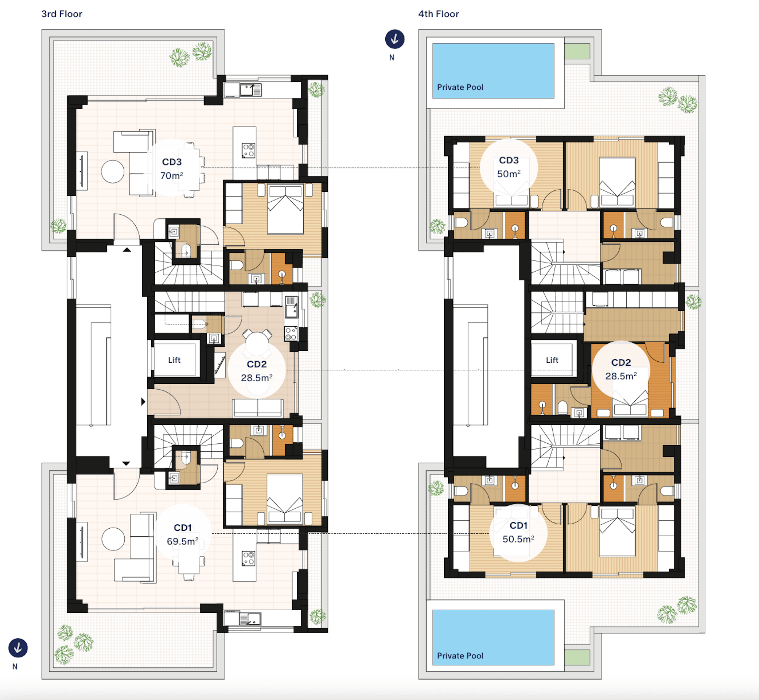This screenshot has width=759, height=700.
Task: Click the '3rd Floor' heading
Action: (62, 14)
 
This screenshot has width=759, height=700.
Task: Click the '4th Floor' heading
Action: (438, 14)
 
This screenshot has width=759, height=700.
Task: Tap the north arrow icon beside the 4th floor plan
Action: (395, 39)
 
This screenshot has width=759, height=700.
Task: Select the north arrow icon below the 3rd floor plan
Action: (18, 648)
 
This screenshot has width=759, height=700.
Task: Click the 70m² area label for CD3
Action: (172, 175)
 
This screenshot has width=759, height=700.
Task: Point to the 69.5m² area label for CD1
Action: (183, 541)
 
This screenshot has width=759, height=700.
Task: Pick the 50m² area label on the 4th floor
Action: (509, 174)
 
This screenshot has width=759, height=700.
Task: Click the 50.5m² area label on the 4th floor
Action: (518, 538)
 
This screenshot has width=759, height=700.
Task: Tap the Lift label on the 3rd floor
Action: (174, 360)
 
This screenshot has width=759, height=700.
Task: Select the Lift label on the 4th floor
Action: (552, 360)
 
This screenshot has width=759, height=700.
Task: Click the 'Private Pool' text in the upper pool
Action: (460, 87)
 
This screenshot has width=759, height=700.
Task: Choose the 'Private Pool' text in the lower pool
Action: (460, 656)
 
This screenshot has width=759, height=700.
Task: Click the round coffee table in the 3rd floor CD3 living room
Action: (113, 172)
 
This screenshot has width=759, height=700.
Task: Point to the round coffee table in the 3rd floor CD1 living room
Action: (113, 538)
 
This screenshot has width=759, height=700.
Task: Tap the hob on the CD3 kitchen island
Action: (249, 150)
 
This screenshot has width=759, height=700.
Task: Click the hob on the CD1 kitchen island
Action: (249, 558)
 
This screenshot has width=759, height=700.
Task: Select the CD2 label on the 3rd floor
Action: (256, 364)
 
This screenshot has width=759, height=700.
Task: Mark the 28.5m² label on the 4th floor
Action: (621, 376)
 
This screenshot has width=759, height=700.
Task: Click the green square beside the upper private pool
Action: (577, 51)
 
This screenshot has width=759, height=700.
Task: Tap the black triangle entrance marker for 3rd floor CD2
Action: (143, 401)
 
